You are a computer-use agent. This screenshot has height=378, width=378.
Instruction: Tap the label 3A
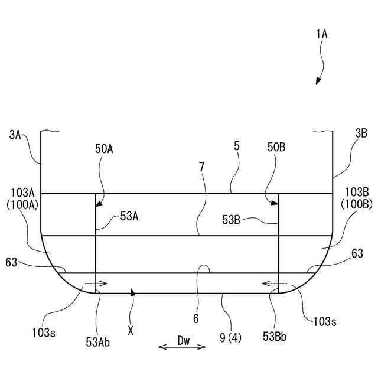click(x=16, y=135)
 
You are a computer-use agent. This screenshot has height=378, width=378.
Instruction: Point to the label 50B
click(x=275, y=149)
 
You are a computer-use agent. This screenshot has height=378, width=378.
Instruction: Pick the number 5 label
click(x=236, y=146)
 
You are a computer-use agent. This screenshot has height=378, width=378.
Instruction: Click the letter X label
click(x=131, y=331)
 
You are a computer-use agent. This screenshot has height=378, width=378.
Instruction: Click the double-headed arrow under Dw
click(x=183, y=347)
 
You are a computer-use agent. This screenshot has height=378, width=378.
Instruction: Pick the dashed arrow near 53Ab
click(x=96, y=283)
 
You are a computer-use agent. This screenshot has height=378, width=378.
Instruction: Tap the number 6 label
click(x=195, y=320)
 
